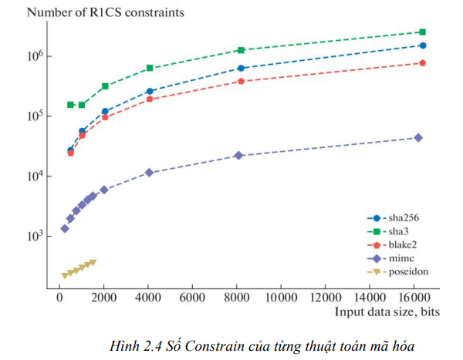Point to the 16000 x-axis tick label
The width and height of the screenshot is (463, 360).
[x=413, y=297]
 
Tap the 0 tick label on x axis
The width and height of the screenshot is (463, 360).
[x=59, y=297]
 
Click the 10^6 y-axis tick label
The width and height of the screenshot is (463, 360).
[x=39, y=56]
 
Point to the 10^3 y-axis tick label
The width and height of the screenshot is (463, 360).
[x=39, y=237]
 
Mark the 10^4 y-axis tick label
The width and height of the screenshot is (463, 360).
[x=39, y=177]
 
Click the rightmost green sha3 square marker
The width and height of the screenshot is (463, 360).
[x=422, y=32]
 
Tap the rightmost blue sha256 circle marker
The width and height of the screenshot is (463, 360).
[x=422, y=45]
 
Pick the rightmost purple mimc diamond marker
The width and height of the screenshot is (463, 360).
[x=418, y=137]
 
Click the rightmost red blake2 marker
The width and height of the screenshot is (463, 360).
[x=422, y=62]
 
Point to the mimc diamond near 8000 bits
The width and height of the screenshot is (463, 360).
[x=238, y=155]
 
